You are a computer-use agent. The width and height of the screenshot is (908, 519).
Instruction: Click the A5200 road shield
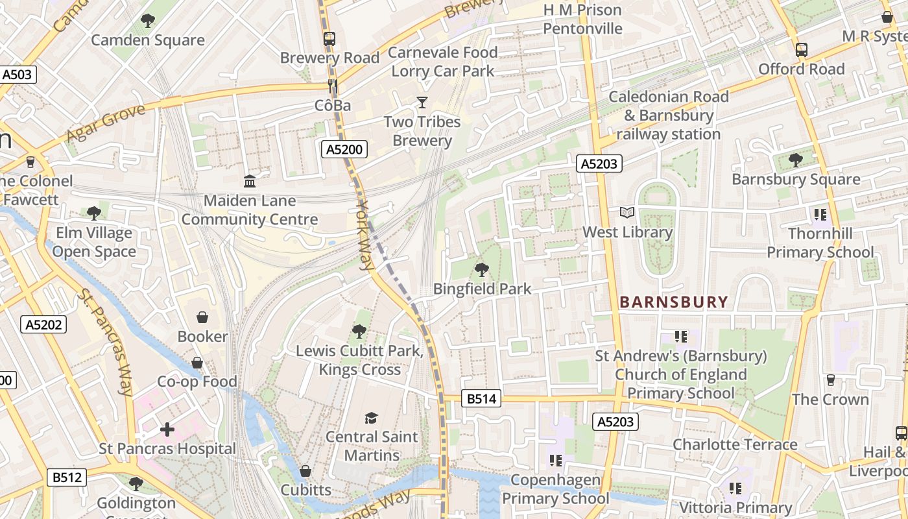coord(344,150)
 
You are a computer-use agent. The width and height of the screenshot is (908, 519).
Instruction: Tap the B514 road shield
coord(482,398)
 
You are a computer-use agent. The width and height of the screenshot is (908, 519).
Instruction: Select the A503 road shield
coord(17,75)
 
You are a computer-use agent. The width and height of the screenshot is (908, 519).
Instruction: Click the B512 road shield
coord(67,477)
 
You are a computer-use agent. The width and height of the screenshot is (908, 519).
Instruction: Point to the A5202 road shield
coord(44,324)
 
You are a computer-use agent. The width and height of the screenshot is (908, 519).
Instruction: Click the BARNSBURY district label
coord(674,302)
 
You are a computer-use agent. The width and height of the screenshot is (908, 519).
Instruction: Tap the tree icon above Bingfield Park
coord(481,269)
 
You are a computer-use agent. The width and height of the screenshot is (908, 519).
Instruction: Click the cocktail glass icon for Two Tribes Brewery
coord(422,103)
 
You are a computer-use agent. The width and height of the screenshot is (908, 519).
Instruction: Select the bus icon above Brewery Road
coord(329,38)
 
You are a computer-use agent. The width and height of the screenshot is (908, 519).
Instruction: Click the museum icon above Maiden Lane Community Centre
coord(250,181)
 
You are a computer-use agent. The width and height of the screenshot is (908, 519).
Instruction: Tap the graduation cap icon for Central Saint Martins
coord(371,417)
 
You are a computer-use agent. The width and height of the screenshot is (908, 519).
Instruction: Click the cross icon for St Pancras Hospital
coord(167,429)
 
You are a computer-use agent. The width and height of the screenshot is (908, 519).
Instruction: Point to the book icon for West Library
coord(627,213)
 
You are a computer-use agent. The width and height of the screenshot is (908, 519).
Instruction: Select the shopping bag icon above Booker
coord(202,317)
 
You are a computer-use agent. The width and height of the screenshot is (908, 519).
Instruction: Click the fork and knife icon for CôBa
coord(332,86)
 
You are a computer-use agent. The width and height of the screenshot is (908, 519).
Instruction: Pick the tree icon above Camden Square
coord(148,21)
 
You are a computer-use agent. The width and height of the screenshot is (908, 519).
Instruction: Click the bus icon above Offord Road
coord(802,50)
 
